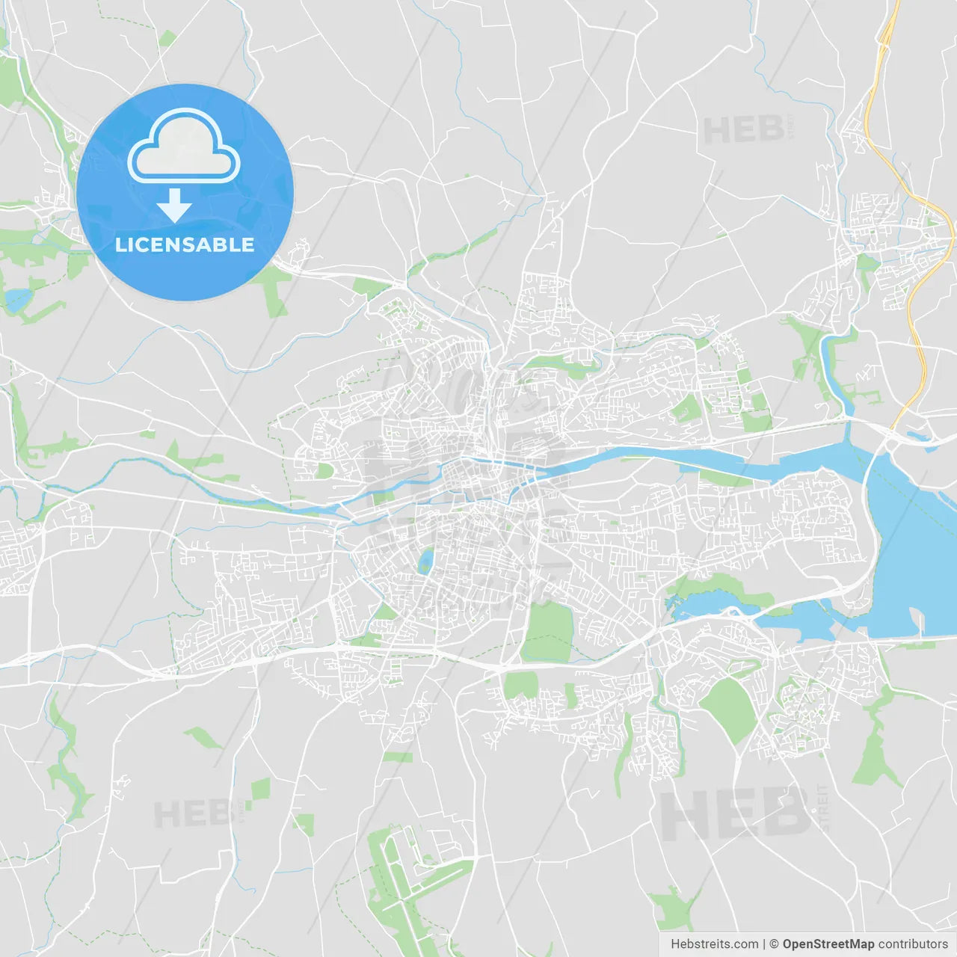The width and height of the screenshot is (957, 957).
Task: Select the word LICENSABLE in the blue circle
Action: tap(185, 244)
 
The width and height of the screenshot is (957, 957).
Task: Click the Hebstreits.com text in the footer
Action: tap(714, 944)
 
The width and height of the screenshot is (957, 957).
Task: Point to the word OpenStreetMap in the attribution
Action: tap(828, 944)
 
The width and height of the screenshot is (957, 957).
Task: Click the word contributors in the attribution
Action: tap(913, 944)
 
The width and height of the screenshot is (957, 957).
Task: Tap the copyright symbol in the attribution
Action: tap(774, 944)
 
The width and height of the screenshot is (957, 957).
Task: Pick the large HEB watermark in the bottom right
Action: tap(735, 813)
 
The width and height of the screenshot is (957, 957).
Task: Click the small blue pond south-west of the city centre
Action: tap(425, 560)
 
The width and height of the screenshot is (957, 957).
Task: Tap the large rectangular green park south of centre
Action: tap(548, 632)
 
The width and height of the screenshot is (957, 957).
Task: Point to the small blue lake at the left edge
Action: tap(16, 300)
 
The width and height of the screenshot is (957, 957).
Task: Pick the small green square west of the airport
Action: tap(260, 790)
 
